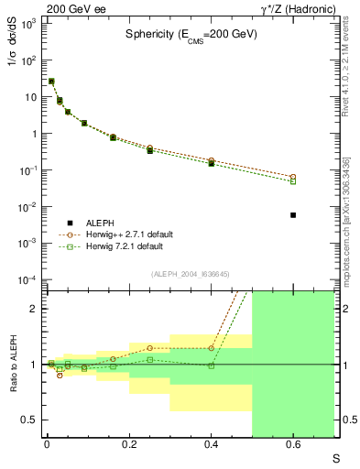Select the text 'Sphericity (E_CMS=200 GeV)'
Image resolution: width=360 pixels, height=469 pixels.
pyautogui.click(x=191, y=34)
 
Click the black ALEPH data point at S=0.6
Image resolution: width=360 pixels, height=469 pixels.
pyautogui.click(x=293, y=214)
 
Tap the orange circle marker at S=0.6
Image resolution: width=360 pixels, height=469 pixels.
pyautogui.click(x=293, y=177)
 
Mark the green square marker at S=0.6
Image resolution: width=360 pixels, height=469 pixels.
pyautogui.click(x=293, y=181)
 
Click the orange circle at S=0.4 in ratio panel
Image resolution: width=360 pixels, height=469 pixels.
pyautogui.click(x=211, y=348)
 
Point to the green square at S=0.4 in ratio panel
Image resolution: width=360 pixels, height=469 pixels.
pyautogui.click(x=211, y=365)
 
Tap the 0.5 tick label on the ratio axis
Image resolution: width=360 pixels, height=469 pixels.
pyautogui.click(x=29, y=420)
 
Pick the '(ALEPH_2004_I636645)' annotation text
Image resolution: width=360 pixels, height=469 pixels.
pyautogui.click(x=190, y=274)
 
